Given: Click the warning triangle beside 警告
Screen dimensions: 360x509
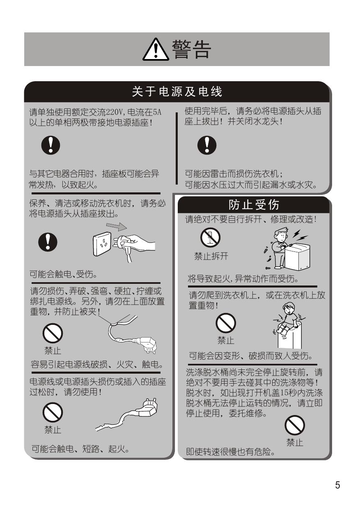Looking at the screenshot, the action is pyautogui.click(x=156, y=50).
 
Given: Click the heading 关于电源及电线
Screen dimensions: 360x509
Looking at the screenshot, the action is pyautogui.click(x=177, y=92).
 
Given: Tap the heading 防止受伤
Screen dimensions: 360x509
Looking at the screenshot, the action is pyautogui.click(x=254, y=205).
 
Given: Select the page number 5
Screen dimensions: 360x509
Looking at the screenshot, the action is pyautogui.click(x=337, y=485).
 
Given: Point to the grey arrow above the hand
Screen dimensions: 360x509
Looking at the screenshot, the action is pyautogui.click(x=117, y=226).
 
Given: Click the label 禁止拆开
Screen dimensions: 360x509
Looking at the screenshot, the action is pyautogui.click(x=211, y=256).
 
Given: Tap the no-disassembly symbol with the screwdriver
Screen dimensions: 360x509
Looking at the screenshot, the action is pyautogui.click(x=210, y=237).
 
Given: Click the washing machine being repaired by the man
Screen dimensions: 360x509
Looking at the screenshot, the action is pyautogui.click(x=298, y=256).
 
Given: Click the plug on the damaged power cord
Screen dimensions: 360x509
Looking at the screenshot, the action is pyautogui.click(x=148, y=408).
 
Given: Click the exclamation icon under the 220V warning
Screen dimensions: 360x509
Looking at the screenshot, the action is pyautogui.click(x=50, y=145).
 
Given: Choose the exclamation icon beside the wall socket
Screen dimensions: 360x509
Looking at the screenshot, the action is pyautogui.click(x=48, y=242).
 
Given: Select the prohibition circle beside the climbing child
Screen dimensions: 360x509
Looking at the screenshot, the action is pyautogui.click(x=226, y=323).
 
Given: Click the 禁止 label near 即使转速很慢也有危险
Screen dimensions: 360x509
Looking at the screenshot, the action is pyautogui.click(x=295, y=442).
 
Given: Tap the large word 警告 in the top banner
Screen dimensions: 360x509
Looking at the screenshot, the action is pyautogui.click(x=191, y=49).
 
